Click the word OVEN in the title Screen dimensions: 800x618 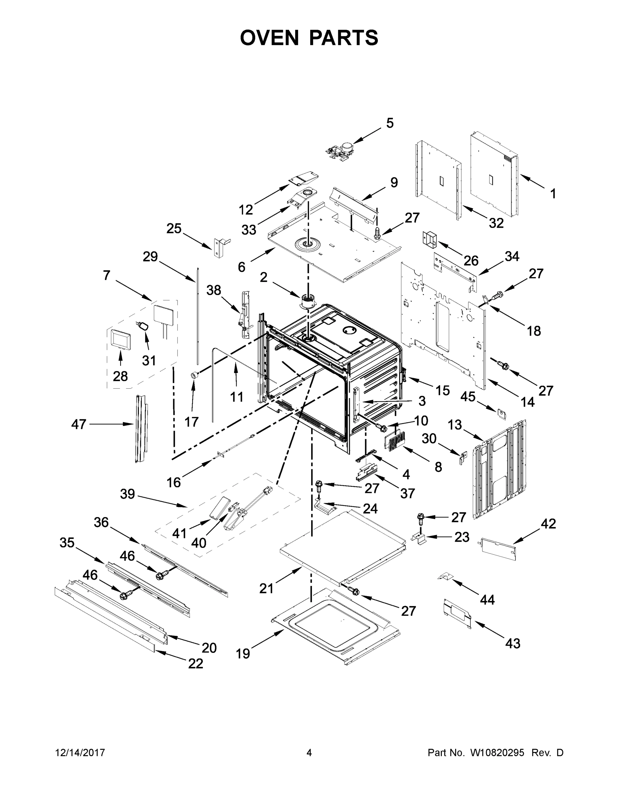pos(270,38)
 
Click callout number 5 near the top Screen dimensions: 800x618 pos(389,123)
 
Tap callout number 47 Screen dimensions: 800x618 pos(79,425)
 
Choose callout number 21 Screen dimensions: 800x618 pos(266,588)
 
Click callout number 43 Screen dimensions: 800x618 pos(513,643)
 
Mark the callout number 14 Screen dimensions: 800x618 pos(528,402)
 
